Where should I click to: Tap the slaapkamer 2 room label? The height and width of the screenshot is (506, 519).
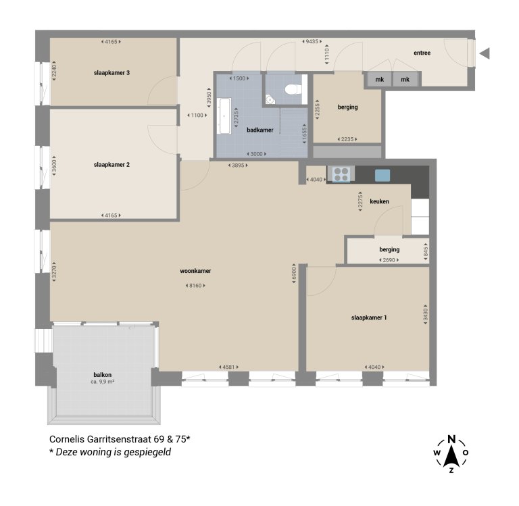pyautogui.click(x=112, y=164)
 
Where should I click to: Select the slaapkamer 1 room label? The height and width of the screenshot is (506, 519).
pyautogui.click(x=369, y=318)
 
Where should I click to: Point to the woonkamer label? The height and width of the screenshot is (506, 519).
pyautogui.click(x=195, y=271)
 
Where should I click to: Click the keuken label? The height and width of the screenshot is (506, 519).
pyautogui.click(x=380, y=202)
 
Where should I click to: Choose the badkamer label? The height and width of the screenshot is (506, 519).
pyautogui.click(x=260, y=130)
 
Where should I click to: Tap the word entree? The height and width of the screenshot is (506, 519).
pyautogui.click(x=422, y=53)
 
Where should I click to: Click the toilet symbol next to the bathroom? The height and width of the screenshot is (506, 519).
pyautogui.click(x=291, y=90)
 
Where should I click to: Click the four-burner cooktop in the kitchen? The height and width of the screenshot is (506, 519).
pyautogui.click(x=340, y=175)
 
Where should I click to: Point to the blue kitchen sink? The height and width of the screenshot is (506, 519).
pyautogui.click(x=382, y=175)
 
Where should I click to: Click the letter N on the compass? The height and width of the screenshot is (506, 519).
pyautogui.click(x=451, y=437)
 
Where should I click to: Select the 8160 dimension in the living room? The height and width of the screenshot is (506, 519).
pyautogui.click(x=195, y=286)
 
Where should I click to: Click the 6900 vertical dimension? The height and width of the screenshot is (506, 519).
pyautogui.click(x=295, y=278)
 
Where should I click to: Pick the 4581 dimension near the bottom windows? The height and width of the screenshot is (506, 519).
pyautogui.click(x=231, y=367)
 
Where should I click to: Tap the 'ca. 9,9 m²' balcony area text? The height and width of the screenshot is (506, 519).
pyautogui.click(x=103, y=382)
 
